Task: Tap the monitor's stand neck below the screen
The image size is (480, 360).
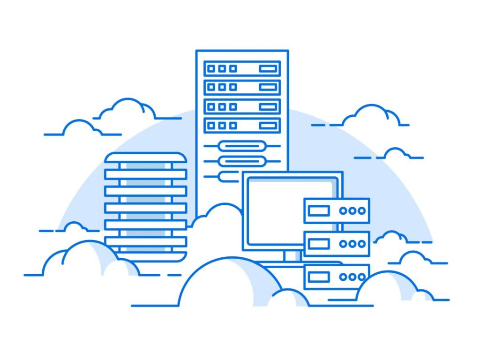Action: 292,256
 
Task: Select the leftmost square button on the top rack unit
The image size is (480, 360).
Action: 211,68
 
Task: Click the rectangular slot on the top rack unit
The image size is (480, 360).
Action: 268,68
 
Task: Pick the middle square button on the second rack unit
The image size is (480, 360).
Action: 222,87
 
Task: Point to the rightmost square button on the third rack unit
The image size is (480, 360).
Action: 233,106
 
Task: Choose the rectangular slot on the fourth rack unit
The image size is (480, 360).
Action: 268,126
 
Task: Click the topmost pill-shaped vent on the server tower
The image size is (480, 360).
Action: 242,146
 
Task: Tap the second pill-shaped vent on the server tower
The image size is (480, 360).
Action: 242,161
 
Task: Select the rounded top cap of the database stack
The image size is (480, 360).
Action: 145,157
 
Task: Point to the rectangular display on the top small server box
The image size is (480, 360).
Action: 319,211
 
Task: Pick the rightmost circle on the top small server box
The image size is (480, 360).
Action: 361,211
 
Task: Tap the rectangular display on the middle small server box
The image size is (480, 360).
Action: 319,244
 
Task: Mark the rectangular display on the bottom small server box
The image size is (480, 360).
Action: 319,277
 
